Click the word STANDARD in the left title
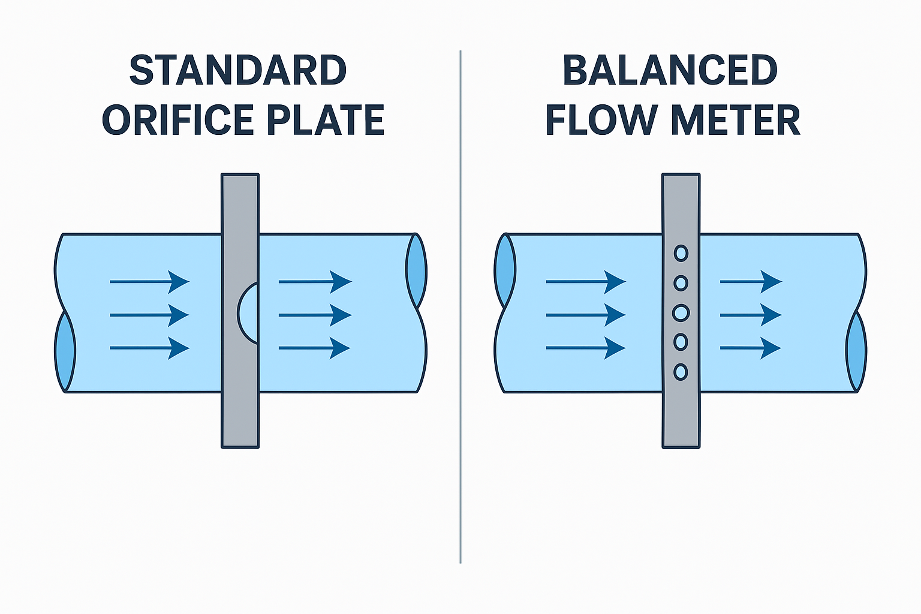coord(238,71)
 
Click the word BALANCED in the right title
coord(670,71)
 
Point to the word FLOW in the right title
coord(601,120)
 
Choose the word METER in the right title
coord(736,120)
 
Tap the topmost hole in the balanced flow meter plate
coord(681,253)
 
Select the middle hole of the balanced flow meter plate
coord(681,312)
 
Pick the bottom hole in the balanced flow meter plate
coord(681,372)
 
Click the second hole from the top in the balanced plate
coord(681,282)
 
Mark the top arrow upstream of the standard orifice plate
coord(149,281)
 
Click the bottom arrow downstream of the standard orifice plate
coord(314,348)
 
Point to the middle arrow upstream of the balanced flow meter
coord(585,315)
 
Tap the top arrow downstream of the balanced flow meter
coord(751,281)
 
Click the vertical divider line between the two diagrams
coord(460,360)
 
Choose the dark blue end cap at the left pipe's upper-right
coord(416,271)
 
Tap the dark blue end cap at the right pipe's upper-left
coord(505,271)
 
